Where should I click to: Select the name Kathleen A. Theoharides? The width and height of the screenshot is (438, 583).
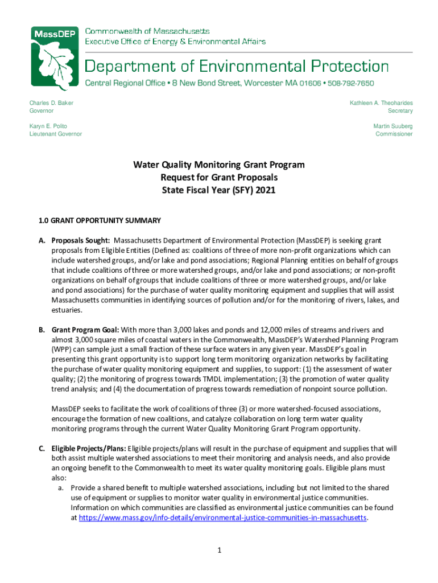tap(381, 102)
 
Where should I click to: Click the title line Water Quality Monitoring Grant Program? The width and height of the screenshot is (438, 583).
tap(219, 165)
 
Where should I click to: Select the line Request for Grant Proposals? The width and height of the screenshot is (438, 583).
tap(219, 178)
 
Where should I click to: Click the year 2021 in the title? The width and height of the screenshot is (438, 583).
tap(266, 190)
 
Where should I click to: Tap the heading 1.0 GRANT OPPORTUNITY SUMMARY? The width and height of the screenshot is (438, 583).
tap(100, 220)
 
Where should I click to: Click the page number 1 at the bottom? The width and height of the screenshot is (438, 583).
tap(219, 551)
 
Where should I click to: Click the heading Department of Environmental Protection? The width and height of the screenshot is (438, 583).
tap(237, 66)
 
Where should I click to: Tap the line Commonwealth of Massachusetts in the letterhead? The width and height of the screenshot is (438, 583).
tap(147, 31)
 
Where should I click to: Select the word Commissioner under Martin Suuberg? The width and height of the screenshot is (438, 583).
tap(394, 134)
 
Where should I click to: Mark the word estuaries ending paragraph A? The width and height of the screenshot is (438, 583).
tap(67, 310)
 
